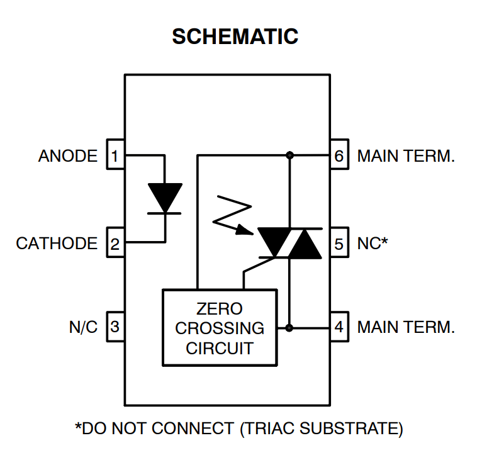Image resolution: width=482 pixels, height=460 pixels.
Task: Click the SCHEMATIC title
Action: tap(235, 36)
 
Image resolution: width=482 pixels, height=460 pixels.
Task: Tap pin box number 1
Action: tap(115, 155)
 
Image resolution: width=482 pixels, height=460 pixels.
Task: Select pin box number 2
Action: tap(115, 243)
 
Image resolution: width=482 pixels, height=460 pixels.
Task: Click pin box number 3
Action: tap(115, 327)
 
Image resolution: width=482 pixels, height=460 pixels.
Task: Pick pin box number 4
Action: tap(339, 327)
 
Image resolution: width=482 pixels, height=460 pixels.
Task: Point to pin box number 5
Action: tap(339, 243)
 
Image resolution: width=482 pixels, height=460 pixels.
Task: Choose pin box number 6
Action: tap(339, 155)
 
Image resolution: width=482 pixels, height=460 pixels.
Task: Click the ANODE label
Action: tap(68, 155)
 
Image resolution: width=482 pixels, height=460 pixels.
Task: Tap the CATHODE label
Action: tap(57, 244)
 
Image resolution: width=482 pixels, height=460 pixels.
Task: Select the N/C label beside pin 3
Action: tap(83, 327)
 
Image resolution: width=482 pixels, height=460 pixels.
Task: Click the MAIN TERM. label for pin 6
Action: tap(406, 155)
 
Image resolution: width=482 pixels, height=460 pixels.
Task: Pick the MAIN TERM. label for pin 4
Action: tap(406, 327)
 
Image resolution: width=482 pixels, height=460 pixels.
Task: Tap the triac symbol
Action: tap(289, 243)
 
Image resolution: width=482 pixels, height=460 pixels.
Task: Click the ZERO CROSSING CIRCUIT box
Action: tap(220, 327)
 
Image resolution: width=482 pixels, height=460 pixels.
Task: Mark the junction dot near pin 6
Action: tap(289, 155)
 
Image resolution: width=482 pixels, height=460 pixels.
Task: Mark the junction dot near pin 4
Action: tap(289, 327)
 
